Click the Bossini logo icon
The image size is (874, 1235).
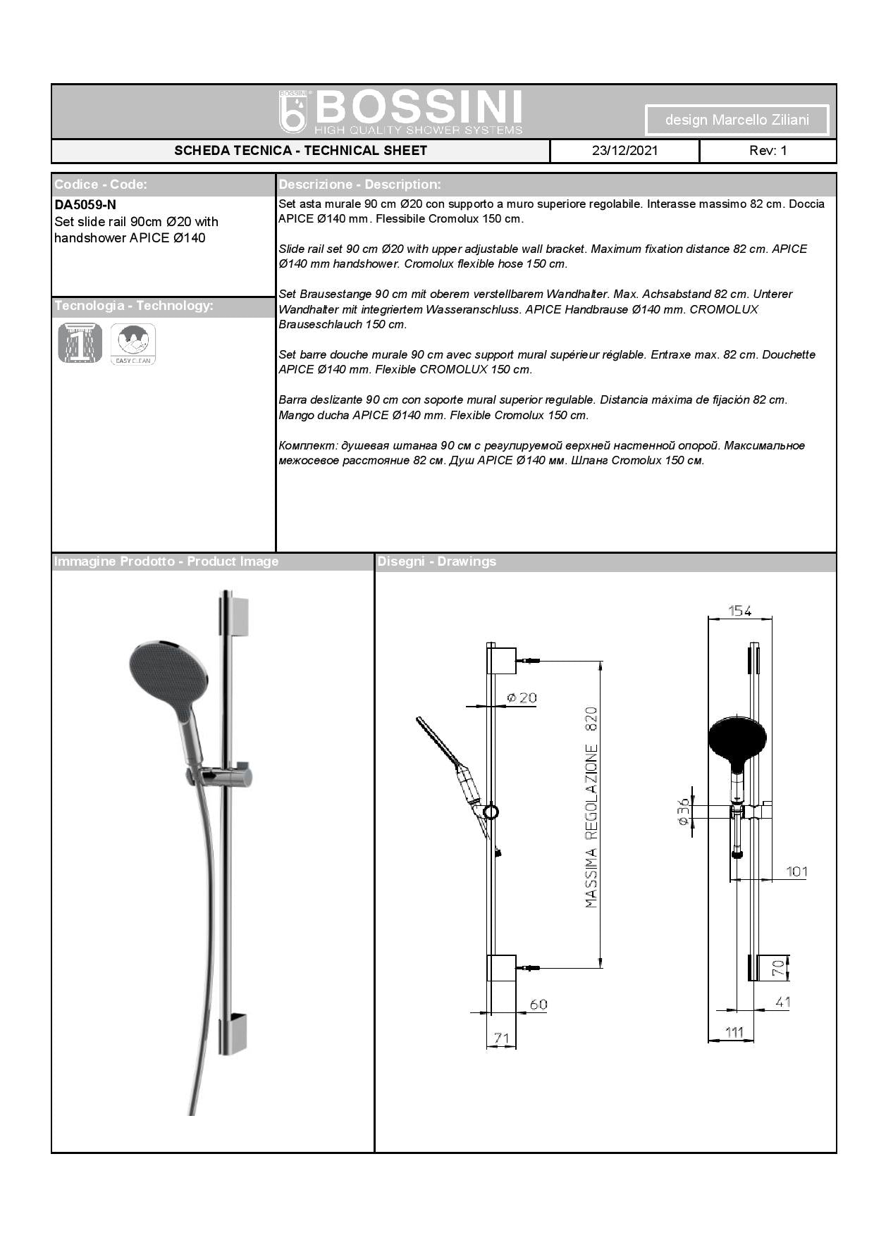pos(294,112)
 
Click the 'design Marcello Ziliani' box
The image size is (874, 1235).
pos(737,120)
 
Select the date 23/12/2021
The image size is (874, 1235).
pos(624,151)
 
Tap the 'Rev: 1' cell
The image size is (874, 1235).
pos(768,151)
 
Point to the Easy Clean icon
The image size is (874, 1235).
pos(133,344)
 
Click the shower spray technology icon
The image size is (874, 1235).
pos(80,343)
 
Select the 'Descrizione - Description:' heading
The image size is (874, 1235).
pos(359,185)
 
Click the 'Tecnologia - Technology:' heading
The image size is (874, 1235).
pos(133,306)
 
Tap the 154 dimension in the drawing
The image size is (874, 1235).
pos(740,611)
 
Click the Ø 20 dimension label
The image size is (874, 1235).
pos(522,697)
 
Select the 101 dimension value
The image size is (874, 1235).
pos(796,871)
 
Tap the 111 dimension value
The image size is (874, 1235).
pos(734,1032)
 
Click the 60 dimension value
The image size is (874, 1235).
pos(538,1005)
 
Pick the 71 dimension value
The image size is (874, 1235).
pos(501,1038)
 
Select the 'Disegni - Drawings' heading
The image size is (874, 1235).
pos(437,561)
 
